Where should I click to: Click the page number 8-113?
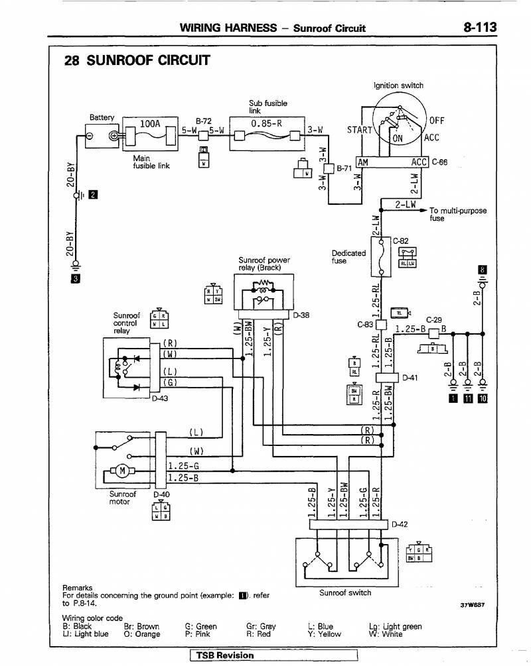click(x=481, y=27)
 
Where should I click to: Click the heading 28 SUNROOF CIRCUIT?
click(x=136, y=61)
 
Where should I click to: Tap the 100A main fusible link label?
click(x=150, y=124)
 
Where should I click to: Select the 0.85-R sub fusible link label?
click(x=267, y=123)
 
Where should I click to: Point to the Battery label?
click(x=102, y=117)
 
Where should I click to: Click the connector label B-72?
click(x=203, y=121)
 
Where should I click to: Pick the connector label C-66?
click(x=439, y=162)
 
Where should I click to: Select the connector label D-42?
click(x=400, y=525)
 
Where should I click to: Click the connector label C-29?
click(x=433, y=319)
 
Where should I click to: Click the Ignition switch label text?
click(x=398, y=85)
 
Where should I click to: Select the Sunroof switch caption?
click(x=345, y=592)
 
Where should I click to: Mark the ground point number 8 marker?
click(x=483, y=270)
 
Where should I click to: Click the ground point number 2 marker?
click(x=93, y=194)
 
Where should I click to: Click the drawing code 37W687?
click(x=472, y=605)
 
